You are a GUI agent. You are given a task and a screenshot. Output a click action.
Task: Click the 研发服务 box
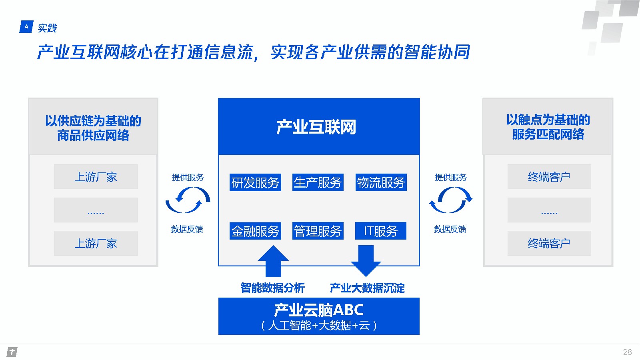coord(255,182)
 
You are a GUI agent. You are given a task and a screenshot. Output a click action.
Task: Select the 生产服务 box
coord(318,182)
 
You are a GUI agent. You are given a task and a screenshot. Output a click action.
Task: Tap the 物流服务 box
coord(381,182)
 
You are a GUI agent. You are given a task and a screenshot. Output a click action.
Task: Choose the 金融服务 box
coord(255,231)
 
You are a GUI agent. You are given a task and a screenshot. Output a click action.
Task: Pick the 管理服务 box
coord(318,231)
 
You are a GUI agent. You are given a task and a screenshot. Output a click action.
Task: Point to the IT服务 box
coord(381,231)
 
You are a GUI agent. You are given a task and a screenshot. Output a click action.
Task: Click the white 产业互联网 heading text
coord(316,127)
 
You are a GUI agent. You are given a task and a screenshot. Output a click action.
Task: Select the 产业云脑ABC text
coord(319,310)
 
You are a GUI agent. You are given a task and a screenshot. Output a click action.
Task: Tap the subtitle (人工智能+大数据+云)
coord(319,326)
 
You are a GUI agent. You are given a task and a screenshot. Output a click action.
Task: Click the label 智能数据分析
coord(272,288)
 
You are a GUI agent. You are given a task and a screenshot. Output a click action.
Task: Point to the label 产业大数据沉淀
coord(367,288)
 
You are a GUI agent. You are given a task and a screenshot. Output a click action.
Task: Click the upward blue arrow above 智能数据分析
coord(273,261)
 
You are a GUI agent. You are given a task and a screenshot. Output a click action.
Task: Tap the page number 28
coord(627,352)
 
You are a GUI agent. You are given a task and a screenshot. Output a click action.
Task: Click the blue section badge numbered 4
coord(26,27)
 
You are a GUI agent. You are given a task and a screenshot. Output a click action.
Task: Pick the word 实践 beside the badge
coord(47,28)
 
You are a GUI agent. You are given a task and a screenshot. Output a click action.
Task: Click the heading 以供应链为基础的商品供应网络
coord(93,128)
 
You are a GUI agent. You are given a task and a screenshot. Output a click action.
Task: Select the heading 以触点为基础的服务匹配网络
coord(548,127)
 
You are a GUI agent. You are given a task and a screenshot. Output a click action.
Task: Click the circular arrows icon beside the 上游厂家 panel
coord(188,200)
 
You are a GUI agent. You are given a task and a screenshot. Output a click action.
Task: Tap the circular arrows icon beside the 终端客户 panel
coord(451,200)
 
